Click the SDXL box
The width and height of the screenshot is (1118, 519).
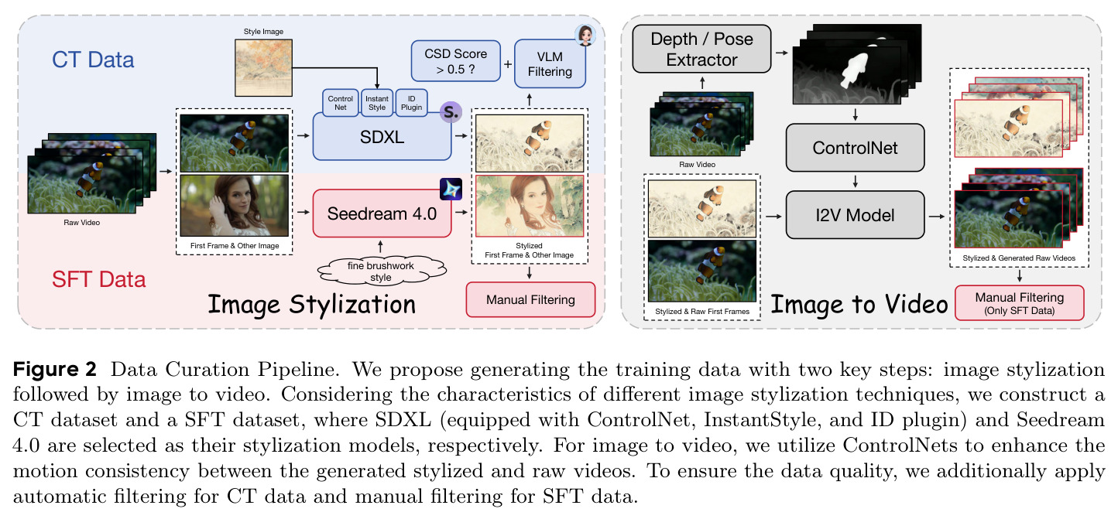(382, 137)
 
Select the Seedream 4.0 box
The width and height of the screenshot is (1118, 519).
(382, 213)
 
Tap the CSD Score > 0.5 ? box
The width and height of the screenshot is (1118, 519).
(456, 61)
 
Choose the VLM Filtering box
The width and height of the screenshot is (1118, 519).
(550, 64)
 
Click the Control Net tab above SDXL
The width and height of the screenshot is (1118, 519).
(341, 103)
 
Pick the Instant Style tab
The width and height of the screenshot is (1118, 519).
(377, 103)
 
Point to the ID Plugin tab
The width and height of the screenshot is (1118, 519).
(411, 103)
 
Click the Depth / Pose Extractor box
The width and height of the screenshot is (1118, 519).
(701, 49)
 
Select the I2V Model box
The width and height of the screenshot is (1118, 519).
(855, 215)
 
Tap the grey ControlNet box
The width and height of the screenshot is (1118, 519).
(855, 148)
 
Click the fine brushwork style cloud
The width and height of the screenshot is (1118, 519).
(381, 271)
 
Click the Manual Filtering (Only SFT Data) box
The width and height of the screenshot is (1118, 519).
(1019, 302)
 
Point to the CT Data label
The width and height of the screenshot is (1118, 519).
(93, 60)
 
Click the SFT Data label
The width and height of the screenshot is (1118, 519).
(99, 279)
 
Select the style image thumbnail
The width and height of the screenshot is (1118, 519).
(263, 68)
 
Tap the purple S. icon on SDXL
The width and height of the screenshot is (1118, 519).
(451, 112)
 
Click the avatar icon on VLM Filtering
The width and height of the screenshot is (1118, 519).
(585, 36)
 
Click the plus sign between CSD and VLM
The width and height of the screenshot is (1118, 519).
(508, 64)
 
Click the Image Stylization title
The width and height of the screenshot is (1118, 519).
(311, 304)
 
